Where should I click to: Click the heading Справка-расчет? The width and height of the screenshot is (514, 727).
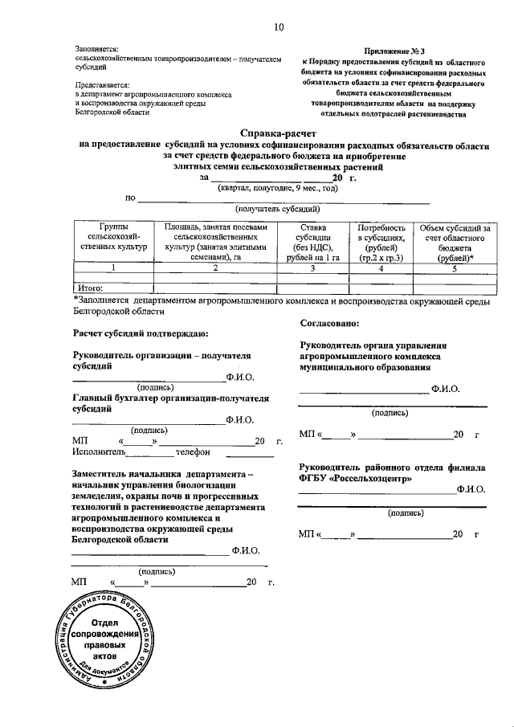coord(279,133)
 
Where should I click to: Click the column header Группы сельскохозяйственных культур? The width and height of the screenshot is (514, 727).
coord(113,239)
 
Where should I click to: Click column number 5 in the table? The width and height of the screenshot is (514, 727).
coord(454,268)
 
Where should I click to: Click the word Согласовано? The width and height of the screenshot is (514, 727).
coord(329,325)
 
